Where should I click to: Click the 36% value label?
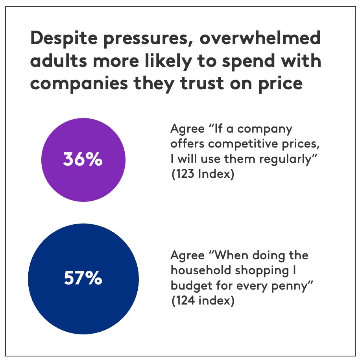click(x=83, y=161)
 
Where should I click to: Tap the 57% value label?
click(x=83, y=279)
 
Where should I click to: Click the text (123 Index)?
click(x=203, y=174)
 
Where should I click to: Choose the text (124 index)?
click(x=203, y=301)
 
